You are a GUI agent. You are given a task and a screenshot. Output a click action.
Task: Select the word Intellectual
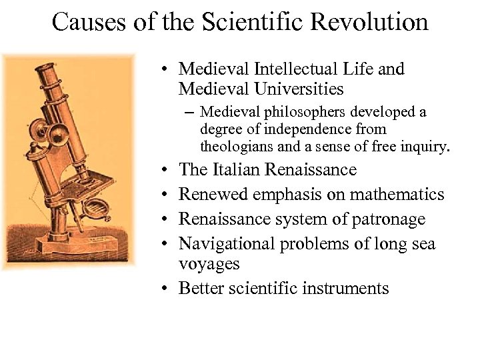287,69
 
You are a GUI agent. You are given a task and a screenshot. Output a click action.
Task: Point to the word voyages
209,264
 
